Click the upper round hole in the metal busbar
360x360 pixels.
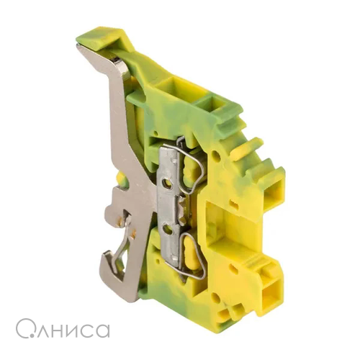point(166,183)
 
